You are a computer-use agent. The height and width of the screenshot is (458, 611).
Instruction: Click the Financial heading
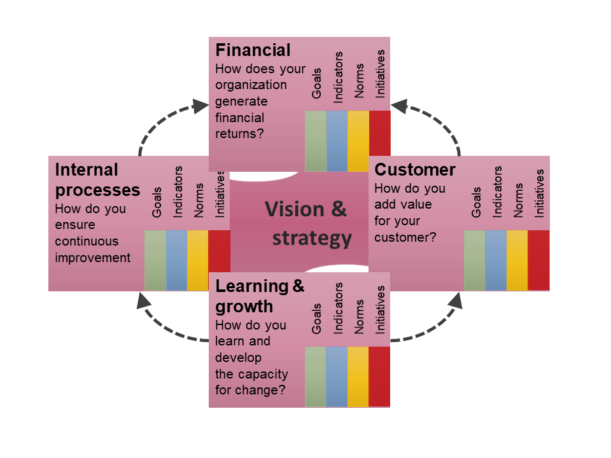[x=253, y=50]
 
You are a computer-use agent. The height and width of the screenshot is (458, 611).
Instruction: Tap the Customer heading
[x=415, y=170]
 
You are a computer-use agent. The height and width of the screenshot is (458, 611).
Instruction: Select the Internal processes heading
[x=97, y=179]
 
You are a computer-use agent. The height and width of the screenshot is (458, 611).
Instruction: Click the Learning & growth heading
[x=260, y=296]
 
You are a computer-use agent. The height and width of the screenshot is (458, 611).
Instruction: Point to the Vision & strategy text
[x=306, y=223]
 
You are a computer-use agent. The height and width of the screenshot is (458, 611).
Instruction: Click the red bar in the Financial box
[x=380, y=141]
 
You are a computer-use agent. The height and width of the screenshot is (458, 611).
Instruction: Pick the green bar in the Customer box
[x=475, y=260]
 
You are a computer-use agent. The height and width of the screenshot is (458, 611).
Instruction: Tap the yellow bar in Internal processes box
[x=198, y=260]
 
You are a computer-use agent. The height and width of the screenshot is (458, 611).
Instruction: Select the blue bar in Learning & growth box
[x=337, y=377]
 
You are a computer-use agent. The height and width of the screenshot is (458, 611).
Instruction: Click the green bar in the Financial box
[x=316, y=141]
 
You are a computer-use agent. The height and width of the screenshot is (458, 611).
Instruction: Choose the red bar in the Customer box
[x=538, y=260]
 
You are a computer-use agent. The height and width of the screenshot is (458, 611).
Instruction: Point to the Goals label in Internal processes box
[x=157, y=202]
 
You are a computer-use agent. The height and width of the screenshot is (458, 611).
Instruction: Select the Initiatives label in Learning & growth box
[x=381, y=309]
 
